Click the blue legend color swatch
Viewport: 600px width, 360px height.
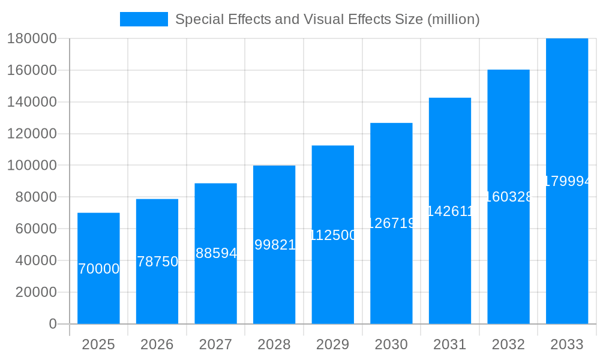pos(144,19)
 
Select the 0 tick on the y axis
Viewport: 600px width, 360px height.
pos(52,324)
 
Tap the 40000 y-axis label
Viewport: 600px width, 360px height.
pos(35,260)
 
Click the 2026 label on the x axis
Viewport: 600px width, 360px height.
pos(157,344)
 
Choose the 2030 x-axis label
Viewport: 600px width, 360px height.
pos(391,344)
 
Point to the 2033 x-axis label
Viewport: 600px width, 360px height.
pos(566,344)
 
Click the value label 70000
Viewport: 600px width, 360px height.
pos(98,269)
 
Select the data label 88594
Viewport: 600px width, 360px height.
pos(216,253)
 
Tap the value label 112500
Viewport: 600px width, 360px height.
pos(333,235)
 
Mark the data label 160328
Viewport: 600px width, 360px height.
pos(508,197)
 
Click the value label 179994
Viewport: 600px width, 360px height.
pos(567,181)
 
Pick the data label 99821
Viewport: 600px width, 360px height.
pos(274,245)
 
